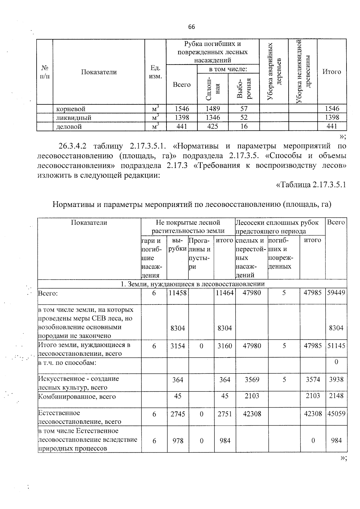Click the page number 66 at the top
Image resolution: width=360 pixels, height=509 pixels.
pos(191,27)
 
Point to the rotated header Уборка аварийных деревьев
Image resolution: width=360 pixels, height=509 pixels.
pos(274,71)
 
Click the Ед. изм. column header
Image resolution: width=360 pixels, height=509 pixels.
pos(155,72)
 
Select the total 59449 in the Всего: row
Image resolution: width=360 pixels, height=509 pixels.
pos(336,293)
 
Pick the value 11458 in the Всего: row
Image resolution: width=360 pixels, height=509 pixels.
pos(178,293)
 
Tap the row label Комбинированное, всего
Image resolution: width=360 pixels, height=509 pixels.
pos(77,397)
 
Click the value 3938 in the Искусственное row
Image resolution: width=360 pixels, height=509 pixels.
pos(336,379)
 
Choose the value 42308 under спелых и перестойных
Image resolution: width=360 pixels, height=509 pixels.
pos(252,414)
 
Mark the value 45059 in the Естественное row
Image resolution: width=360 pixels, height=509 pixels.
pos(336,414)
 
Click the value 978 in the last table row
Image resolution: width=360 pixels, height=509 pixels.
pos(178,441)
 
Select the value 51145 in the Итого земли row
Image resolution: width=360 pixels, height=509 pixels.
pos(336,346)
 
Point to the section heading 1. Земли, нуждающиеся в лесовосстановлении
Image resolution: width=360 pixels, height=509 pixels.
pos(192,284)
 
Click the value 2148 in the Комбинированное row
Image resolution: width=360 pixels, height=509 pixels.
pos(336,396)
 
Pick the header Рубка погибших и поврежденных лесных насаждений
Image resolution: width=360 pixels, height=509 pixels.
pos(212,52)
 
